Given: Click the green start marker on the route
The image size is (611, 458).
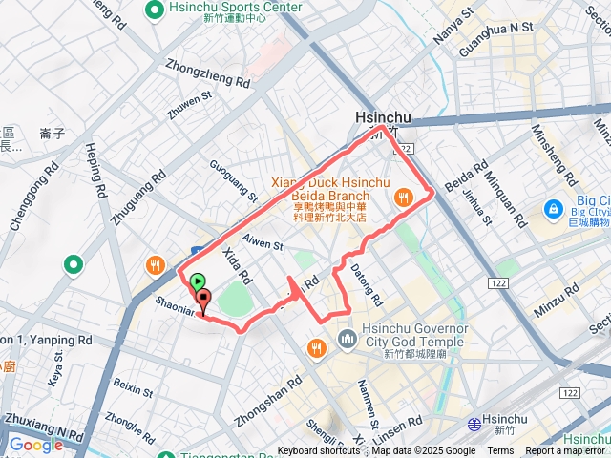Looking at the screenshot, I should [x=198, y=282].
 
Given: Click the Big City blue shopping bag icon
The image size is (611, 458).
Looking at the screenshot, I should [x=553, y=207].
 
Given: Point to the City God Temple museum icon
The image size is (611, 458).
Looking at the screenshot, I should [x=347, y=339].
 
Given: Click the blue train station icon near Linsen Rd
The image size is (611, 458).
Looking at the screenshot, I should [x=474, y=424].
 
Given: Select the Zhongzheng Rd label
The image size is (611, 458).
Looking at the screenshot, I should [x=207, y=75].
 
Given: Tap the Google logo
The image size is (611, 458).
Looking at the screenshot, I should [x=35, y=445].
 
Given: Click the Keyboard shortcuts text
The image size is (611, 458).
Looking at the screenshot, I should [x=320, y=451].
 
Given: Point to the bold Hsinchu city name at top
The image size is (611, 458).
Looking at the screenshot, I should [x=382, y=118].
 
